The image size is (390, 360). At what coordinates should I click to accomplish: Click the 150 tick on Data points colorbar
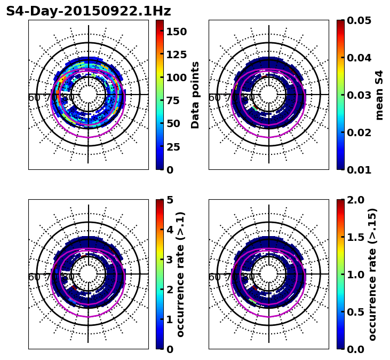[x=176, y=32]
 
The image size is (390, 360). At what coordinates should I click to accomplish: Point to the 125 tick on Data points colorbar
[x=176, y=54]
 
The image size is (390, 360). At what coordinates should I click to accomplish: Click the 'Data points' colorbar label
[x=195, y=95]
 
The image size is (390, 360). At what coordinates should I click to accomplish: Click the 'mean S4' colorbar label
[x=379, y=95]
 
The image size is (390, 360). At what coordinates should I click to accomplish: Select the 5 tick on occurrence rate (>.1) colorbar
[x=170, y=200]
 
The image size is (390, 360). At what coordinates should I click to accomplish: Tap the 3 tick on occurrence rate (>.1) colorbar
[x=170, y=260]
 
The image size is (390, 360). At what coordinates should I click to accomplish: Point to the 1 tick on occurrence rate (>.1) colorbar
[x=170, y=319]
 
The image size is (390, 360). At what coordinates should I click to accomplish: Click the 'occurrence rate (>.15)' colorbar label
[x=372, y=274]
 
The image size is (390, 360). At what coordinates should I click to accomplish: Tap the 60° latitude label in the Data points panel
[x=34, y=98]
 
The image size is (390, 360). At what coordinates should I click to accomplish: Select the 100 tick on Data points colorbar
[x=176, y=77]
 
